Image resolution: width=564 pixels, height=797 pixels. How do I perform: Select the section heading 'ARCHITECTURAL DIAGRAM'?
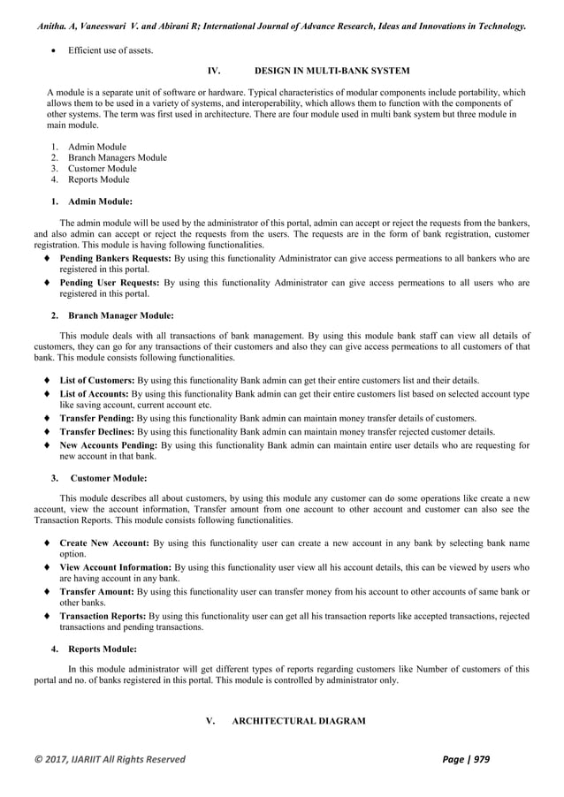pos(298,722)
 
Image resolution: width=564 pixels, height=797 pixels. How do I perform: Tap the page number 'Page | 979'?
pos(477,759)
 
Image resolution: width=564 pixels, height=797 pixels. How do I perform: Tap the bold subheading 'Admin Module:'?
pos(100,201)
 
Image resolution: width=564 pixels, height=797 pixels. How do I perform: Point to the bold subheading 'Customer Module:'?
pos(109,478)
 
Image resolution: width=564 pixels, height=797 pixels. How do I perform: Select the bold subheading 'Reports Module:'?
pos(103,648)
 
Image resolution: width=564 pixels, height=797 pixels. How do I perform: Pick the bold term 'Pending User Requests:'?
pos(110,283)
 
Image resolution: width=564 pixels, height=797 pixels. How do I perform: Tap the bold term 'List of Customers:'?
pos(97,379)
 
